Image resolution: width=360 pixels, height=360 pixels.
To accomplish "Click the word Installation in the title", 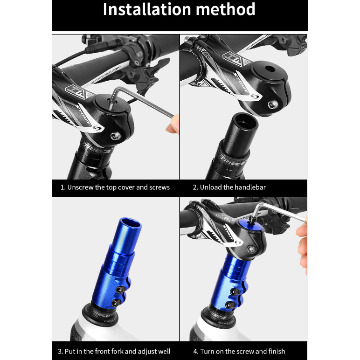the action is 147,9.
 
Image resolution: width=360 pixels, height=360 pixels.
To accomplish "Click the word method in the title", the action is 225,9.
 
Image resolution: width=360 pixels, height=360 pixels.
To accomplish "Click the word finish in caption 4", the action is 277,351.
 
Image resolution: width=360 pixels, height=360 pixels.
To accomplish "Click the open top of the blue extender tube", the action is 130,223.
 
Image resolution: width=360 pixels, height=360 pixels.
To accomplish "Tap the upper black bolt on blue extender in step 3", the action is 120,290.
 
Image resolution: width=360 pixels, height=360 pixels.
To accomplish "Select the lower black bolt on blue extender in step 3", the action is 115,303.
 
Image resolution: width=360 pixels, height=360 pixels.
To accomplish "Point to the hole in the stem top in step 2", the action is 270,69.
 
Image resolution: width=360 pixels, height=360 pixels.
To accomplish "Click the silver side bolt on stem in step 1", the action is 115,136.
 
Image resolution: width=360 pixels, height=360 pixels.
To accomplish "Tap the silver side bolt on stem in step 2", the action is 273,105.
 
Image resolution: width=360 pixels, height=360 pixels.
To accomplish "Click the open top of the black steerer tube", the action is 246,121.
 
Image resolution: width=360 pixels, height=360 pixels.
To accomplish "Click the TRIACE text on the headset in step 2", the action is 232,161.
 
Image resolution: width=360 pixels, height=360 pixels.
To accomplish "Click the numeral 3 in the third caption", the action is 60,351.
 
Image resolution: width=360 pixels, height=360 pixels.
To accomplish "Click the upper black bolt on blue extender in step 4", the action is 235,291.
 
